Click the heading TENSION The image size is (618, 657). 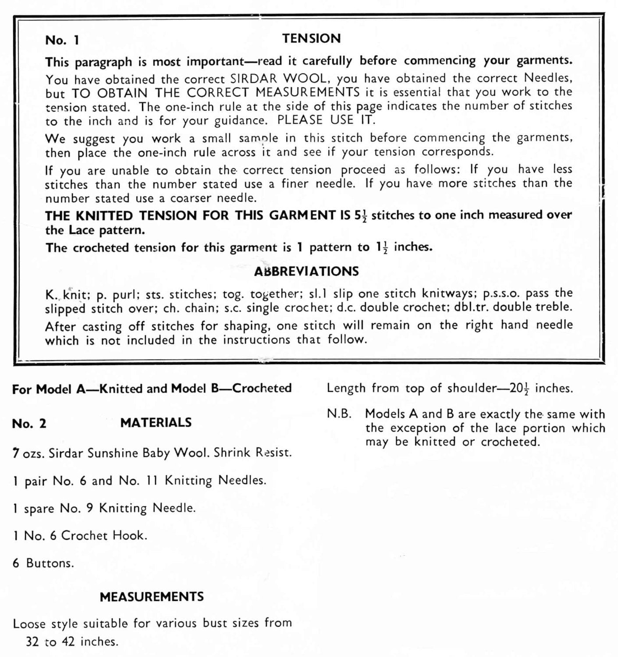tap(311, 39)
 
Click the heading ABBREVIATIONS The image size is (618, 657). tap(306, 271)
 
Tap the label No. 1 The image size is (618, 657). tap(62, 40)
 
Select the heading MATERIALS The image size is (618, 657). tap(156, 423)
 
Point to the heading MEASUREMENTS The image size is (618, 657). tap(152, 597)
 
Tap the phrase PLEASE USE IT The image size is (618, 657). tap(326, 120)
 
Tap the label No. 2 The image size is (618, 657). tap(29, 424)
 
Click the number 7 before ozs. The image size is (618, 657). tap(16, 452)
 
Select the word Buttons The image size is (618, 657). tap(50, 563)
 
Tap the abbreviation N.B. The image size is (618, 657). tap(339, 414)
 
